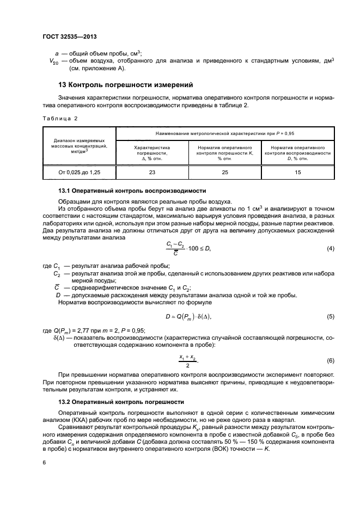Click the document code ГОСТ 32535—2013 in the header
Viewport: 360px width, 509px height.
[65, 37]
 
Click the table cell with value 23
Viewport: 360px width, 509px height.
[152, 172]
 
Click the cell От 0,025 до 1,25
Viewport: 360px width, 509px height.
[80, 172]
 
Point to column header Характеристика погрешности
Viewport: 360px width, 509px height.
[152, 153]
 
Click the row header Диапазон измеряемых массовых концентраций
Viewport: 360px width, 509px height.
[80, 146]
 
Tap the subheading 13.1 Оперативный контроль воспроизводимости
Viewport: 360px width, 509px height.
[132, 191]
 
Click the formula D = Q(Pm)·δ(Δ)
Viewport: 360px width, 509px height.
[188, 316]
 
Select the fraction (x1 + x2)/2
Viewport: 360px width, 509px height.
[188, 361]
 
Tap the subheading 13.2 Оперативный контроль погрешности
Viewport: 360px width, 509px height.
[121, 402]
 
